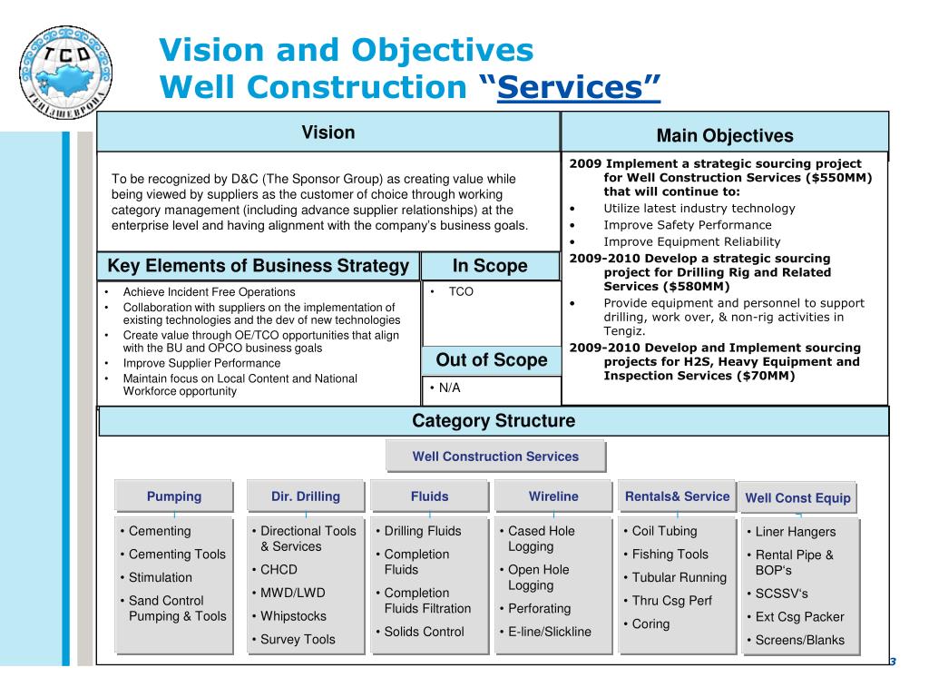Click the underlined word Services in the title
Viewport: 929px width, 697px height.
[x=579, y=88]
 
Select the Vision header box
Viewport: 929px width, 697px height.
[x=328, y=133]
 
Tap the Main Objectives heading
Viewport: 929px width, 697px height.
[x=725, y=136]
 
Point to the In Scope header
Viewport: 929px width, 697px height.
[x=490, y=266]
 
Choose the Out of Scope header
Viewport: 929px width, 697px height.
[x=492, y=360]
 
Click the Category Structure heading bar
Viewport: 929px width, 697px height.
[x=494, y=421]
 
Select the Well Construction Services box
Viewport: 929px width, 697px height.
[x=495, y=456]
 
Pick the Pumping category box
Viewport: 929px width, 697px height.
[x=174, y=496]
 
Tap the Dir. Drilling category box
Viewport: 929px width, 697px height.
[x=306, y=496]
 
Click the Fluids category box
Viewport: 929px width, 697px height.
[x=429, y=496]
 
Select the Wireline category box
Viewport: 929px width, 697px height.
[x=553, y=496]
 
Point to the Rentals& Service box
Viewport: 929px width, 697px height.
[x=677, y=496]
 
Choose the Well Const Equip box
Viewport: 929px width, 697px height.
[x=797, y=497]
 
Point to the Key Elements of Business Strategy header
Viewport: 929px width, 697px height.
[x=259, y=266]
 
